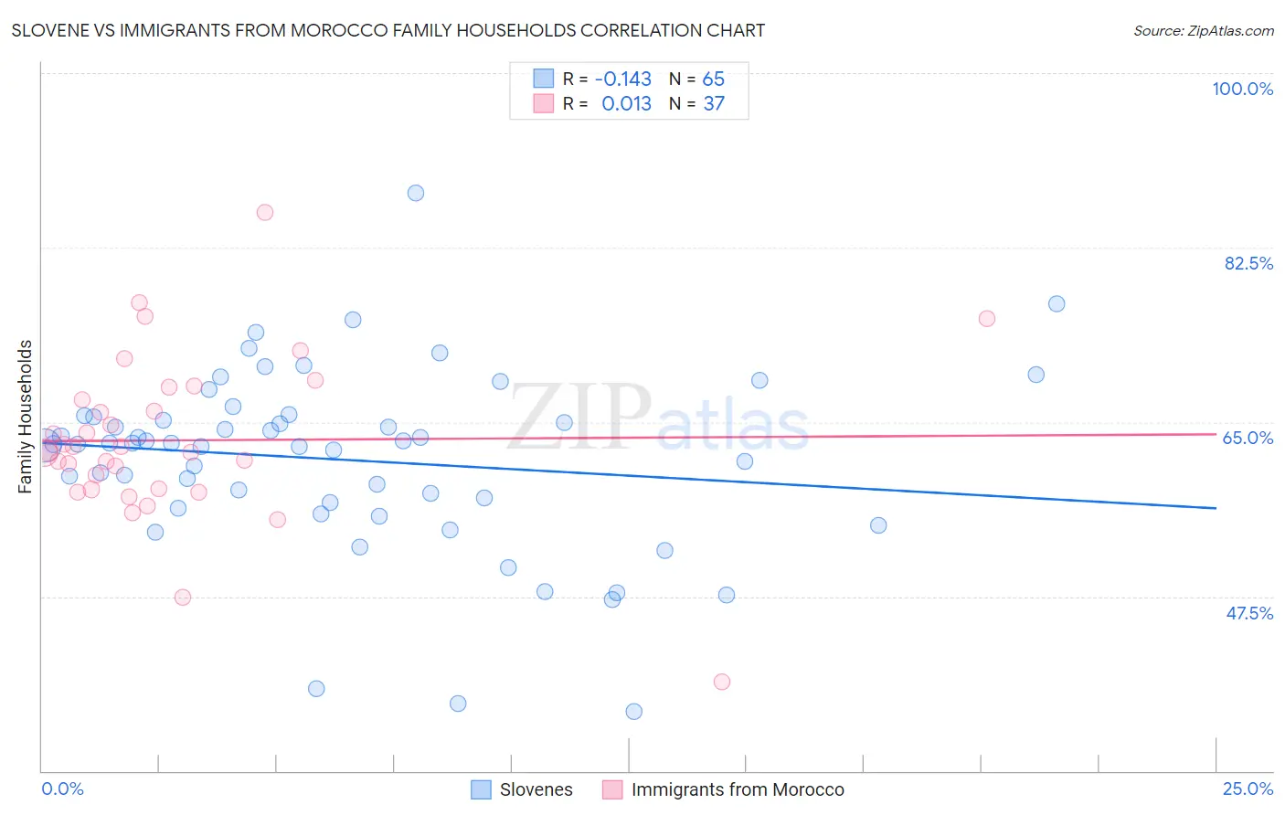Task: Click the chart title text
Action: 388,30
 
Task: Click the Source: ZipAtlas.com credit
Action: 1203,30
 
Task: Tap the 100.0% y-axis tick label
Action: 1242,89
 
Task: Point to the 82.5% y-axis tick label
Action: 1248,263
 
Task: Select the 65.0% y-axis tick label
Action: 1248,438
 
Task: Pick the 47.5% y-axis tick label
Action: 1248,613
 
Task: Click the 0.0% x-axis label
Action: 62,789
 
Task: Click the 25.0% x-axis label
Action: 1248,789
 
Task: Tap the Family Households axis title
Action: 26,417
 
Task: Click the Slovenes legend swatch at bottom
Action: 481,789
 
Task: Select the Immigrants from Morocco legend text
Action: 738,789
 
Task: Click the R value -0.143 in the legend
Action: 622,79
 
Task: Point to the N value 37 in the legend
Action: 714,104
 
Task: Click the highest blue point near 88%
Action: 416,193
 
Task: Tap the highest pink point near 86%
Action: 265,213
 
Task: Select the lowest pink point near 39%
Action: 722,682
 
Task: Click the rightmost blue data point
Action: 1057,304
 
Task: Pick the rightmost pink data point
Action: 987,319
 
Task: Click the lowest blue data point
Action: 634,712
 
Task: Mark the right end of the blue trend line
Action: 1216,508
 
